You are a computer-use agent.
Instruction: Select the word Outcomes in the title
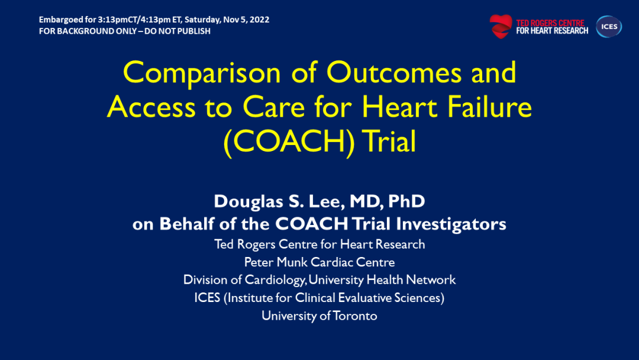coord(394,72)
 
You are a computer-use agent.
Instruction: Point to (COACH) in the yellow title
coord(289,142)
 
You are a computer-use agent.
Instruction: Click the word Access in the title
coord(151,107)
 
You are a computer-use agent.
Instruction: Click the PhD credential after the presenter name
coord(406,201)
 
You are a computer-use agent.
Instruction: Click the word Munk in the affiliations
coord(292,262)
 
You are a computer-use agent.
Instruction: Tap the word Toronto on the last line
coord(355,316)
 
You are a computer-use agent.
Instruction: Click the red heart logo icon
coord(501,27)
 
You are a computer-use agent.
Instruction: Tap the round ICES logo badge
coord(609,27)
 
